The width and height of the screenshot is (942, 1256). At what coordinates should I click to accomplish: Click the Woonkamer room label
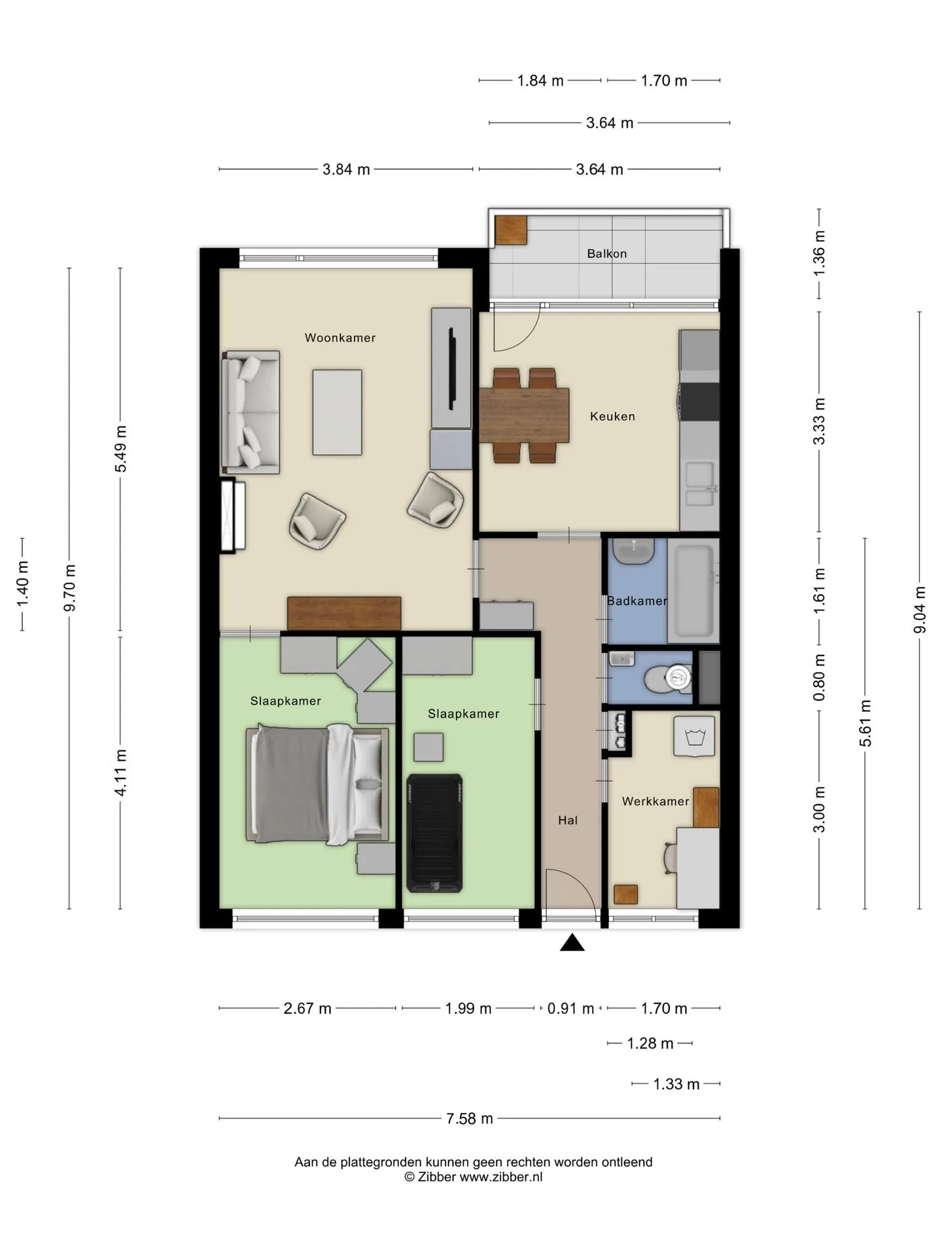point(340,338)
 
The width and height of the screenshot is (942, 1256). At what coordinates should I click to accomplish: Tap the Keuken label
point(612,416)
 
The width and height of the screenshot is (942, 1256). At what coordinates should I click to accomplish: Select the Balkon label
point(607,254)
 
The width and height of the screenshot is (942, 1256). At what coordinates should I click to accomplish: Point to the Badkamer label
point(637,601)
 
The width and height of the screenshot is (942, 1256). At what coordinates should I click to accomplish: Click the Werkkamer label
point(655,801)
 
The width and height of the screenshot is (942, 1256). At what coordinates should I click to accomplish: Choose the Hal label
point(568,820)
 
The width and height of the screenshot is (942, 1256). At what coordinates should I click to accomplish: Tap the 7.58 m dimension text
point(470,1119)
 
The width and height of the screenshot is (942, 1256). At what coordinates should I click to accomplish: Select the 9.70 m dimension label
point(69,588)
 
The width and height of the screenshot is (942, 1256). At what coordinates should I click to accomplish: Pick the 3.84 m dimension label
point(346,169)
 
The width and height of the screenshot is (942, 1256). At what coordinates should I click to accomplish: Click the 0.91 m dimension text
point(570,1009)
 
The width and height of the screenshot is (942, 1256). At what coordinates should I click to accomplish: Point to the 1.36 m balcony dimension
point(819,253)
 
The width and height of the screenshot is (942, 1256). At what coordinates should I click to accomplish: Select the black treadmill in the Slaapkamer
point(434,833)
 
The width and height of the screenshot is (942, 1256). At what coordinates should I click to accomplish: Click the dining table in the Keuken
point(524,415)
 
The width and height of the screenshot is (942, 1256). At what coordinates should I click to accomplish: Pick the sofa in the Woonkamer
point(251,412)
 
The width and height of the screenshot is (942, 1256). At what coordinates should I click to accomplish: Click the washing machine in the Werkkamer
point(695,736)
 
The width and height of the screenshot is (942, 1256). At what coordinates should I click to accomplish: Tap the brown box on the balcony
point(511,230)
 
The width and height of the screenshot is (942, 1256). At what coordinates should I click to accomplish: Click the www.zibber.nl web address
point(501,1177)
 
